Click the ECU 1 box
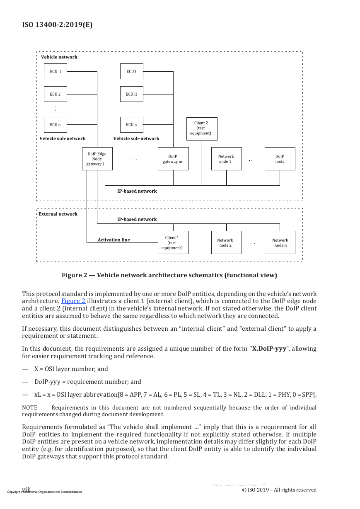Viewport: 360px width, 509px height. pos(56,71)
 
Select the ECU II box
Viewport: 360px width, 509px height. pos(132,94)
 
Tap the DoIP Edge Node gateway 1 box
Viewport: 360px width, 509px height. pos(97,159)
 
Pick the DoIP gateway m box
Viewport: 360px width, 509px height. pos(173,159)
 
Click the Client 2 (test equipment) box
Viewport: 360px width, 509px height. pos(202,129)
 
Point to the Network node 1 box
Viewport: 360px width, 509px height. pos(227,159)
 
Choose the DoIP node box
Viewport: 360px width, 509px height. pos(280,159)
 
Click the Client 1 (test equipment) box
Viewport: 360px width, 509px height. pos(173,242)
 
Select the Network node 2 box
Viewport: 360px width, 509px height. pos(227,242)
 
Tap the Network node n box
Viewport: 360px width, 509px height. pos(280,242)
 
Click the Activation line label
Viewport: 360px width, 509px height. pos(114,240)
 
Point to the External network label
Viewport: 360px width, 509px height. pos(58,214)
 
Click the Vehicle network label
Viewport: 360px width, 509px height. pos(59,57)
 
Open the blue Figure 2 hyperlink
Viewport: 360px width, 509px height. pos(73,301)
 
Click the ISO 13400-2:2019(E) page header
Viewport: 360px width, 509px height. pos(57,24)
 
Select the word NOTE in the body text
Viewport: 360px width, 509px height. pos(30,407)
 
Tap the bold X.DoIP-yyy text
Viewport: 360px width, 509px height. pos(269,349)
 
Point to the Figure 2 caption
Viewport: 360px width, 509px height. pos(169,275)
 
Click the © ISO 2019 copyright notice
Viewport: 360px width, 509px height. pos(279,490)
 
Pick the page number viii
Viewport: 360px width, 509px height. pos(27,489)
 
